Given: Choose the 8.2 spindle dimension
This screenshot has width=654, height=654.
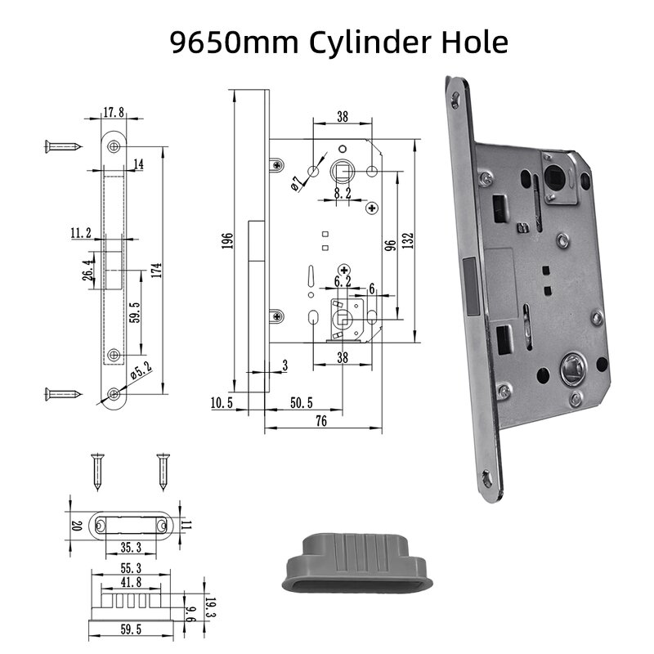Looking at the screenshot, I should click(343, 194).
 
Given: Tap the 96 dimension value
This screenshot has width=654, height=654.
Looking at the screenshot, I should click(391, 244).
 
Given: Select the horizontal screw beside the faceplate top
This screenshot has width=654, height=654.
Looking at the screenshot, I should click(62, 147).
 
